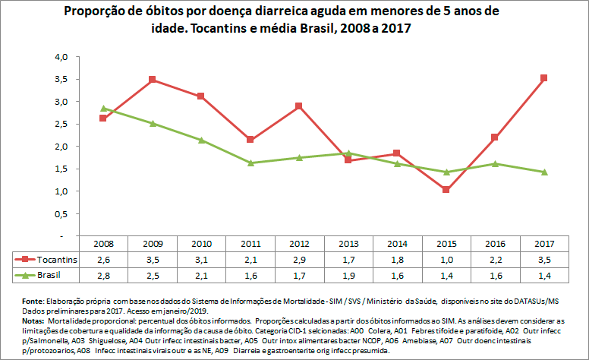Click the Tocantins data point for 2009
pos(153,80)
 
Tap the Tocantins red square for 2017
pos(543,77)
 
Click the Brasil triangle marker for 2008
pos(104,109)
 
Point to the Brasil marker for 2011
pos(250,163)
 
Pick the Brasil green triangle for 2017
pos(543,172)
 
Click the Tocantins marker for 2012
pos(299,106)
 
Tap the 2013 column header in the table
pos(348,244)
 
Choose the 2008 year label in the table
pos(104,244)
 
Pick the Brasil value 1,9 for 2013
pos(348,274)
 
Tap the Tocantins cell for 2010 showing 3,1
pos(201,259)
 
